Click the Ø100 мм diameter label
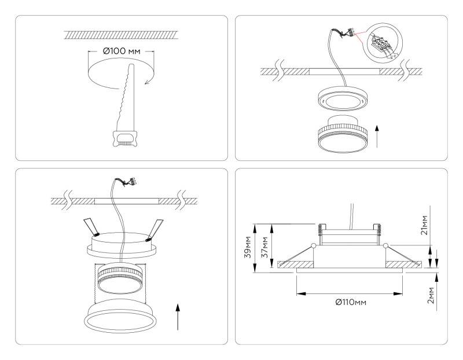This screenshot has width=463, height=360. click(x=122, y=52)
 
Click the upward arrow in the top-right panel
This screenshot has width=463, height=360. click(x=377, y=135)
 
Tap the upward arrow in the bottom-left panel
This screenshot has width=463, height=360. click(x=178, y=315)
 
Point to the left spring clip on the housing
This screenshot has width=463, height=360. click(x=91, y=227)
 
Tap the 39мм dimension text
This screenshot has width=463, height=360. click(x=248, y=246)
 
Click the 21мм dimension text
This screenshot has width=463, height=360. click(x=424, y=226)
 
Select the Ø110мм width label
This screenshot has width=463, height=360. click(x=350, y=302)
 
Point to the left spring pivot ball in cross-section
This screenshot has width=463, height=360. click(x=313, y=247)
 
